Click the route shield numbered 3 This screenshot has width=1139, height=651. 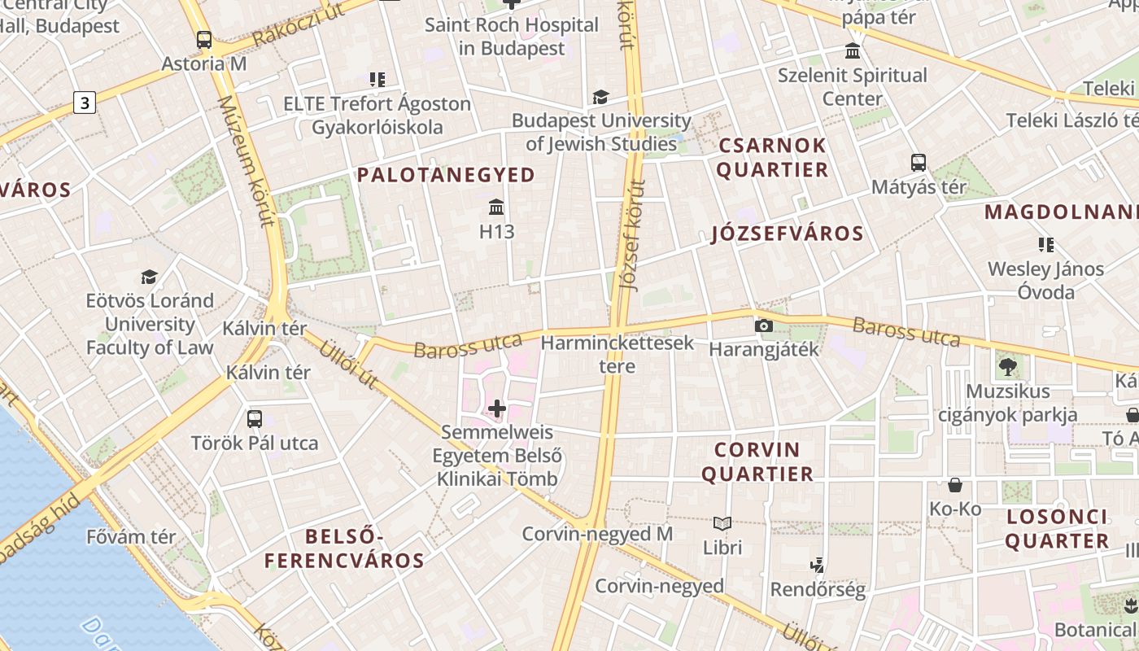tap(85, 103)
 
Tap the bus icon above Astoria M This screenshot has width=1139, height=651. tap(204, 39)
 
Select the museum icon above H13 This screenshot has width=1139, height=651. tap(496, 207)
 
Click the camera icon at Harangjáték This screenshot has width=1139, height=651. tap(763, 325)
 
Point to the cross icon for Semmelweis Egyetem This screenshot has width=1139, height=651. tap(496, 408)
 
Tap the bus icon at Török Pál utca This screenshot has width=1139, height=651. tap(255, 419)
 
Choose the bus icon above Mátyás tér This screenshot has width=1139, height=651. tap(919, 162)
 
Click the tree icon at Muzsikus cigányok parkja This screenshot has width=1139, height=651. tap(1008, 367)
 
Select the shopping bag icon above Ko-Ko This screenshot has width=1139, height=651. tap(955, 485)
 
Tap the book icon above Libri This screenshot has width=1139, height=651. tap(722, 523)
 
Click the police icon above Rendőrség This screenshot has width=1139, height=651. tap(818, 565)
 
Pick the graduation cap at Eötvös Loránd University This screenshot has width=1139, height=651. tap(149, 277)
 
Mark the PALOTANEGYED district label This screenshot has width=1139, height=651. tap(446, 175)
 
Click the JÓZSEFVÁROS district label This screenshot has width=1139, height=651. tap(787, 234)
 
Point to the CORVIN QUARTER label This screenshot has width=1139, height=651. tap(757, 461)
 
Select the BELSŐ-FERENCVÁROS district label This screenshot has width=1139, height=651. tap(344, 548)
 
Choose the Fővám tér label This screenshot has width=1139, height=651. tap(131, 537)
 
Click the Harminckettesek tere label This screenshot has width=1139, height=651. tap(618, 354)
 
